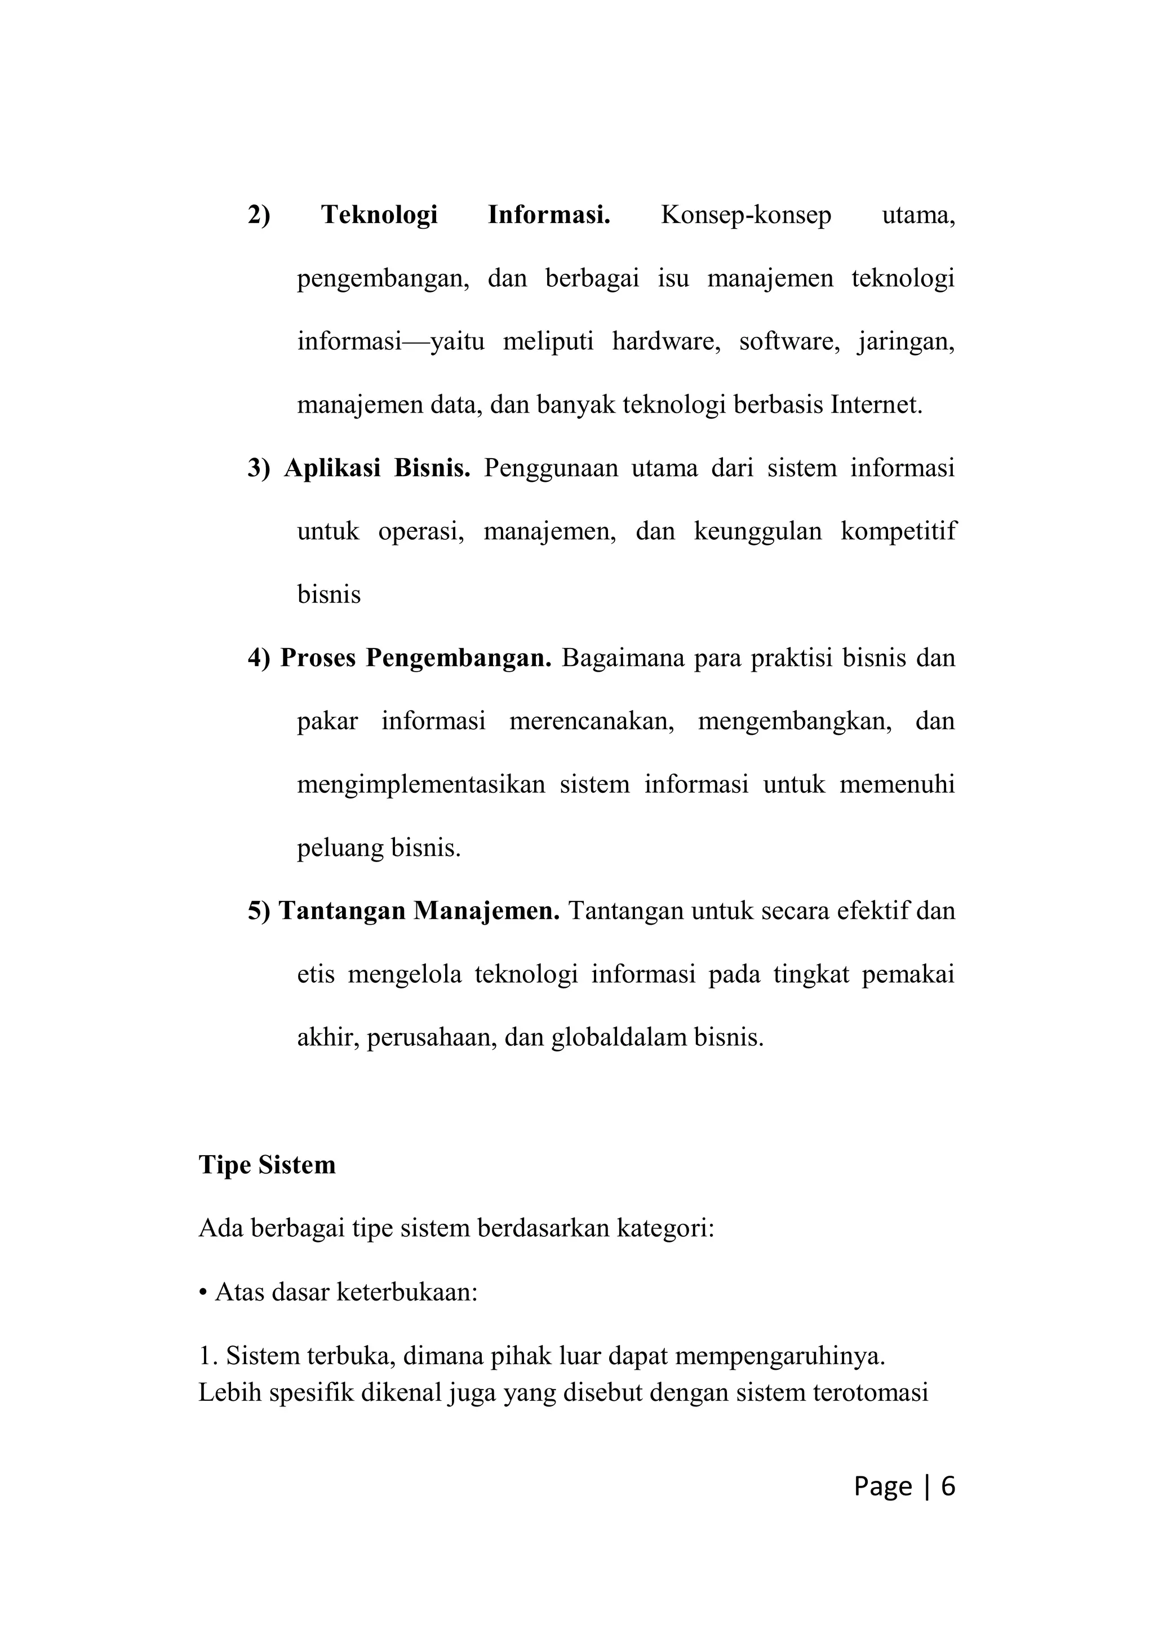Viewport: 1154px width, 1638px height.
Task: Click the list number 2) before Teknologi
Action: (x=259, y=215)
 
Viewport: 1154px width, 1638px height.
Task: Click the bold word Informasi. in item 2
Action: (x=548, y=215)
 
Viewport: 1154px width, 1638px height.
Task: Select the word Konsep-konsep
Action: (x=745, y=215)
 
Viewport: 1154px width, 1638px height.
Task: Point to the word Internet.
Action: (x=877, y=405)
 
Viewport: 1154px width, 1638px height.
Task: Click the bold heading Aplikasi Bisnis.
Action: (x=376, y=469)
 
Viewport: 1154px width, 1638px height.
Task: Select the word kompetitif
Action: (x=898, y=531)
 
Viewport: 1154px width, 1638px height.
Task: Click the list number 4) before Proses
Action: (x=259, y=658)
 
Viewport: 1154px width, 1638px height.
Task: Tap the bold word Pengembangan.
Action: (x=459, y=658)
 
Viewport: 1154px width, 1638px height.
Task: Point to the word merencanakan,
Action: (x=591, y=721)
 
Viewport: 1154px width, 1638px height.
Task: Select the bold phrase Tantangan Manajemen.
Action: (x=419, y=911)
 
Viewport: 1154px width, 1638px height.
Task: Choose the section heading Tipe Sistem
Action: (x=267, y=1165)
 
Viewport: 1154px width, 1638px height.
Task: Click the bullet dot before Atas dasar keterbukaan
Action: (x=203, y=1293)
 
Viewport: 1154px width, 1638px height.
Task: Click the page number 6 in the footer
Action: (x=948, y=1486)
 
